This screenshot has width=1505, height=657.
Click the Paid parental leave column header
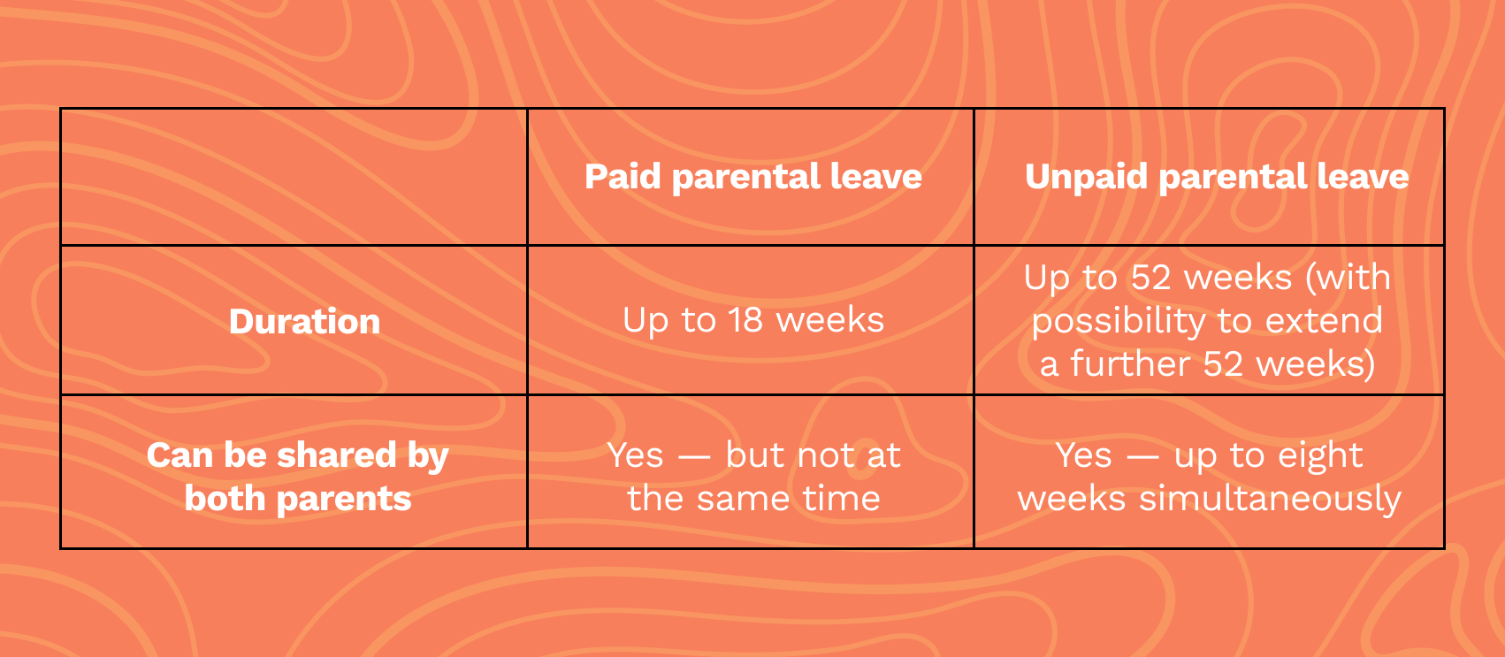(752, 178)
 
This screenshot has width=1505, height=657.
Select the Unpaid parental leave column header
(1217, 178)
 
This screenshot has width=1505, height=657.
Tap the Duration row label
(304, 321)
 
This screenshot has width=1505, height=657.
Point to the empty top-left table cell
(294, 177)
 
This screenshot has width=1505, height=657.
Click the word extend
(1324, 320)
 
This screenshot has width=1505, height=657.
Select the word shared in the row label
(337, 455)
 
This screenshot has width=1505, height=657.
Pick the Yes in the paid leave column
(635, 455)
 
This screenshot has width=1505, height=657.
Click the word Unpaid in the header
(1086, 178)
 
